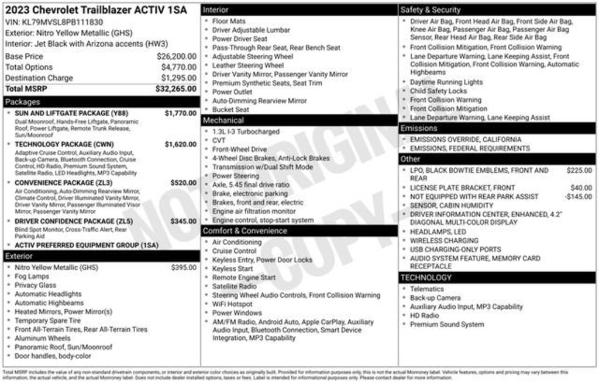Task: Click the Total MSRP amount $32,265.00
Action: tap(175, 89)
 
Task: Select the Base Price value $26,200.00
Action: tap(176, 57)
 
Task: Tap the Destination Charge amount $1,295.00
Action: tap(178, 78)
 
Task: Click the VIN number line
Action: tap(54, 22)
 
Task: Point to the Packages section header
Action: tap(23, 102)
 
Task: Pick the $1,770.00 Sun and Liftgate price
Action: tap(180, 113)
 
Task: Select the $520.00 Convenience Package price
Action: tap(183, 183)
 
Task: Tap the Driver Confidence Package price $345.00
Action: tap(183, 222)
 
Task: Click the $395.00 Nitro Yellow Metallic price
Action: tap(184, 267)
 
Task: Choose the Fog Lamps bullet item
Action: tap(32, 276)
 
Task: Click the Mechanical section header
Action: tap(223, 120)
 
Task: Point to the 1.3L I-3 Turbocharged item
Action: tap(246, 132)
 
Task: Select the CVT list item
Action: tap(219, 141)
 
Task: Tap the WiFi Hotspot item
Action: tap(232, 304)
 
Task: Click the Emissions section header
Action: tap(419, 128)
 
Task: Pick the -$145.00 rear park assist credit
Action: tap(578, 197)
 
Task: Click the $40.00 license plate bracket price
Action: tap(581, 188)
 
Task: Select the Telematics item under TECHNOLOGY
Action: tap(426, 289)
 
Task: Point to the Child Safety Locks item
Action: tap(438, 91)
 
